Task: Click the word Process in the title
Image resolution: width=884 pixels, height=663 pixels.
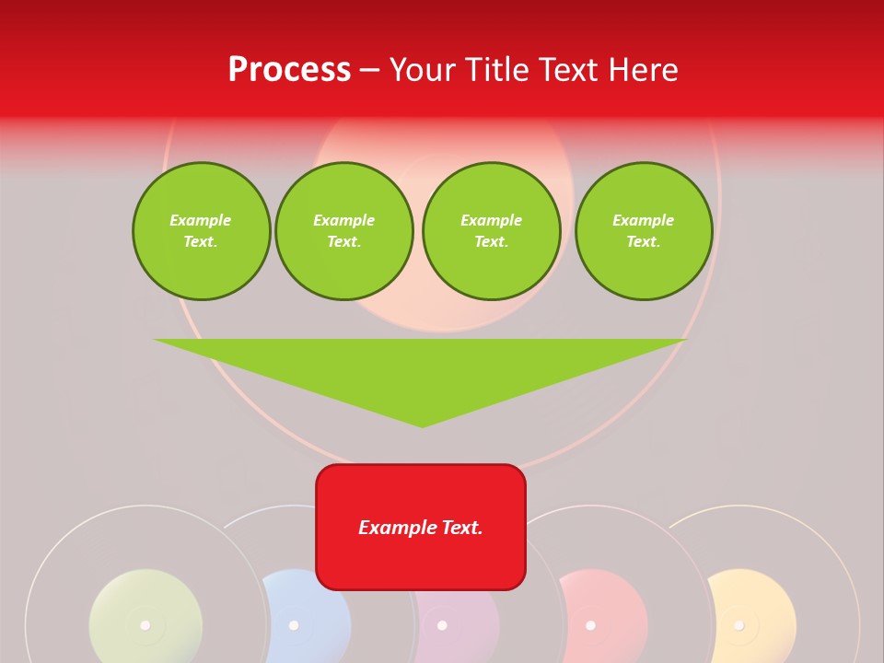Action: click(289, 70)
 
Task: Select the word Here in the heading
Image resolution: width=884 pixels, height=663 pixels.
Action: click(643, 70)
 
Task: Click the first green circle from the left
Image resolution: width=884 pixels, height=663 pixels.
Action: click(201, 231)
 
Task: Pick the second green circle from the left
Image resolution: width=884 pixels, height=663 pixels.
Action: click(344, 231)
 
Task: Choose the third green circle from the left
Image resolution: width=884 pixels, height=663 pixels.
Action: click(492, 231)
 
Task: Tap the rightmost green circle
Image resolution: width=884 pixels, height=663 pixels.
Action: click(644, 231)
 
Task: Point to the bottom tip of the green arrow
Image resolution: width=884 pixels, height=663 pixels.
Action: click(422, 425)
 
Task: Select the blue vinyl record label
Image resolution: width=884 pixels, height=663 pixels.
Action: click(318, 612)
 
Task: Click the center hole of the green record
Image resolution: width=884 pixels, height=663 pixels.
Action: click(145, 625)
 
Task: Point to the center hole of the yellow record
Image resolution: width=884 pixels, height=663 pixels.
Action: click(739, 625)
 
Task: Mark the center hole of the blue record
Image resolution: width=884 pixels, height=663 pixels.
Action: click(294, 625)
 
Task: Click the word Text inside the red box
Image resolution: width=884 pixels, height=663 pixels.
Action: click(460, 528)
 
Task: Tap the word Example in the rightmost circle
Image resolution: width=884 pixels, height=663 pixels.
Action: click(643, 220)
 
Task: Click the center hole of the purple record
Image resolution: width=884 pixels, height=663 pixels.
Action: click(442, 625)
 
